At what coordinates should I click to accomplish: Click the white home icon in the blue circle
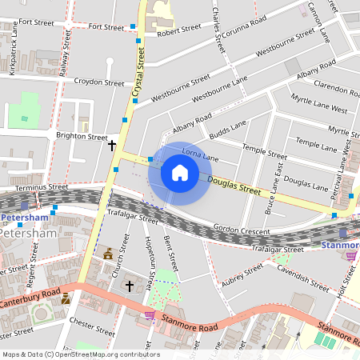pyautogui.click(x=180, y=173)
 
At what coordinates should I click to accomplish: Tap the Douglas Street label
pyautogui.click(x=234, y=186)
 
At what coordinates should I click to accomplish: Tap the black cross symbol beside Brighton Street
pyautogui.click(x=112, y=145)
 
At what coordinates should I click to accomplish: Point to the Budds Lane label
pyautogui.click(x=227, y=129)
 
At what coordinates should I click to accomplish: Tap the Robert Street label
pyautogui.click(x=178, y=30)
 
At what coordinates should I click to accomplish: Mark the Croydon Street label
pyautogui.click(x=98, y=82)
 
